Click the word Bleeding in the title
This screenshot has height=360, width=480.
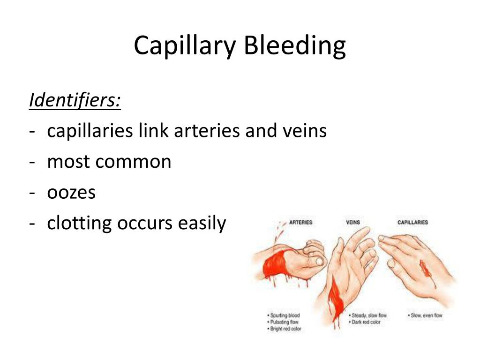[x=295, y=46]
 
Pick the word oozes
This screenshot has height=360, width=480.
[x=71, y=193]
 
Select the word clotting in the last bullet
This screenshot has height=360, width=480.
[x=80, y=224]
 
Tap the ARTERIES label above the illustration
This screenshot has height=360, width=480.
[x=301, y=222]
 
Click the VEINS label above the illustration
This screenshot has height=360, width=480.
[x=353, y=222]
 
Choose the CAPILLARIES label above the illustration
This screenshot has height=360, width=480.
[x=412, y=222]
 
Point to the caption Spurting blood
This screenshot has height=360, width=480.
[x=285, y=315]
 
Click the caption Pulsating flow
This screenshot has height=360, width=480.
[x=284, y=322]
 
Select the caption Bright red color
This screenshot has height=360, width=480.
[x=285, y=329]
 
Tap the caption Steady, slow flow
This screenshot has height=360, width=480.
[x=369, y=315]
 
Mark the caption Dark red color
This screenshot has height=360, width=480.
[x=366, y=322]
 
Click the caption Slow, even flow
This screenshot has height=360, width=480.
[x=425, y=315]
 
